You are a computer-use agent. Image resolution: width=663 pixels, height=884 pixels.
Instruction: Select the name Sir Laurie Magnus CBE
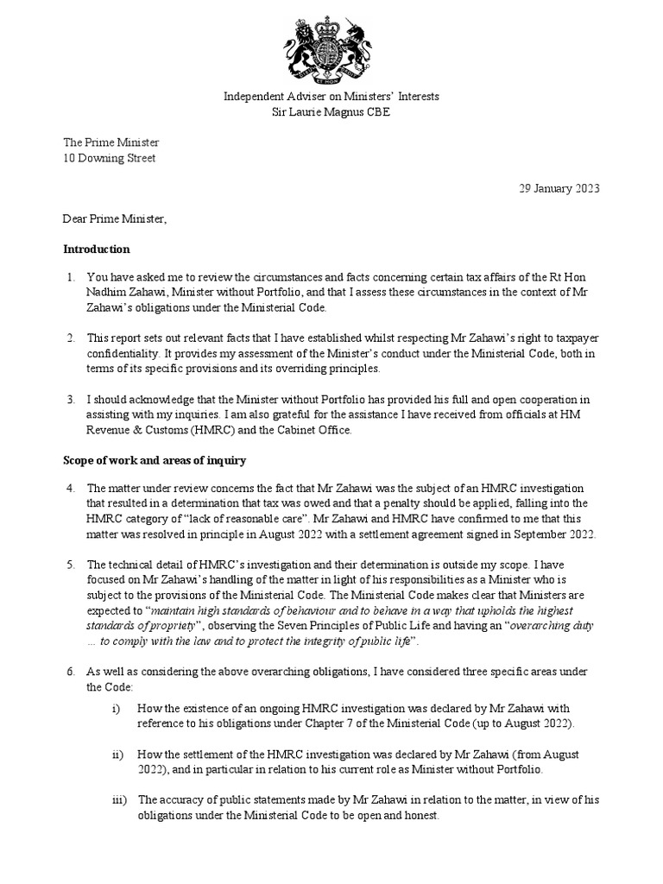tap(331, 112)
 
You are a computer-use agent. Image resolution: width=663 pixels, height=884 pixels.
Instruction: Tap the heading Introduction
tap(97, 249)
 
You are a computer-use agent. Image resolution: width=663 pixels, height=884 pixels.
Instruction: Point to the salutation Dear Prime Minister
tap(115, 219)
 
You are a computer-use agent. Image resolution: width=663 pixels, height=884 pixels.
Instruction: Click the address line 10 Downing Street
tap(110, 158)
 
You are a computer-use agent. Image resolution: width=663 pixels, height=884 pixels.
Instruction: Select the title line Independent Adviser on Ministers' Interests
tap(331, 97)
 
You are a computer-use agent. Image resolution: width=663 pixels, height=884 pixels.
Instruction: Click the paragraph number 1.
tap(70, 278)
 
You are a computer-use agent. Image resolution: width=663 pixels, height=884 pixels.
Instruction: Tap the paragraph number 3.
tap(70, 400)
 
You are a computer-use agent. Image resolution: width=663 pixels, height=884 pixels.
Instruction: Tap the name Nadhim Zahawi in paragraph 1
tap(123, 294)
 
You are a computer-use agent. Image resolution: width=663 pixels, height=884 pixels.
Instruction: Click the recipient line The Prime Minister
tap(110, 142)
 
